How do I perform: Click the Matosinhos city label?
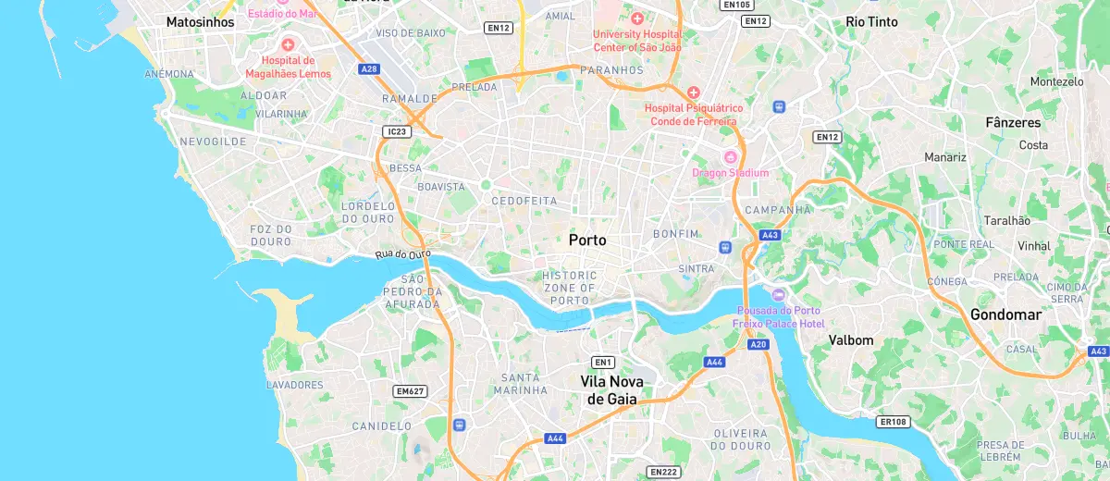click(201, 21)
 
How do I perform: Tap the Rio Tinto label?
click(871, 21)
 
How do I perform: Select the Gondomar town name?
click(1005, 314)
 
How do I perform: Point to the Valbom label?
click(851, 339)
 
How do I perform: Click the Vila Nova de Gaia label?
click(611, 389)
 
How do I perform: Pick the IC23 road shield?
click(396, 132)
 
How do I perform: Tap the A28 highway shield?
click(370, 68)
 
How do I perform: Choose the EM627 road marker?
click(410, 391)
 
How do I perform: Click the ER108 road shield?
click(894, 422)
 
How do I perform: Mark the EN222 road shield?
click(663, 472)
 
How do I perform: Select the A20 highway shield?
click(758, 344)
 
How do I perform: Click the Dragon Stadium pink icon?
click(730, 155)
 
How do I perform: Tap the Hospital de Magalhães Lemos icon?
click(288, 44)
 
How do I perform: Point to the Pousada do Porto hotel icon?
click(777, 294)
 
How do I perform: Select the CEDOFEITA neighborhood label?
click(524, 201)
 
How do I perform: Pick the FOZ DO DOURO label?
click(271, 235)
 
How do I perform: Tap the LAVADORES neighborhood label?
click(294, 385)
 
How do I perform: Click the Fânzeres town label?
click(1013, 122)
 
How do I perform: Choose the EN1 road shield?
click(604, 362)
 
